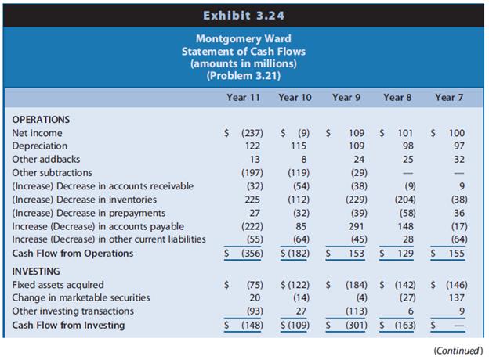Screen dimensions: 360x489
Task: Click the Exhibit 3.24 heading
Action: (244, 14)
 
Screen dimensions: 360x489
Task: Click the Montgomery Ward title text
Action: (244, 38)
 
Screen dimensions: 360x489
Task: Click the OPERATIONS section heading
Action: (42, 121)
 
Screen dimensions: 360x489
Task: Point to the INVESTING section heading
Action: (38, 271)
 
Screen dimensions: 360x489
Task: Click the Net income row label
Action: (38, 134)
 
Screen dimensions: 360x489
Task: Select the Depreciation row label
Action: (40, 146)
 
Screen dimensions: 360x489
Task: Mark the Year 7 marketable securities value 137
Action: (456, 297)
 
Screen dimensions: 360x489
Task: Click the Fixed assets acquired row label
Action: (59, 285)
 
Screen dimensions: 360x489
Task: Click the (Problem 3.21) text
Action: (244, 75)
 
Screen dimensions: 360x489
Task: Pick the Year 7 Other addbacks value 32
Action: (458, 160)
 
